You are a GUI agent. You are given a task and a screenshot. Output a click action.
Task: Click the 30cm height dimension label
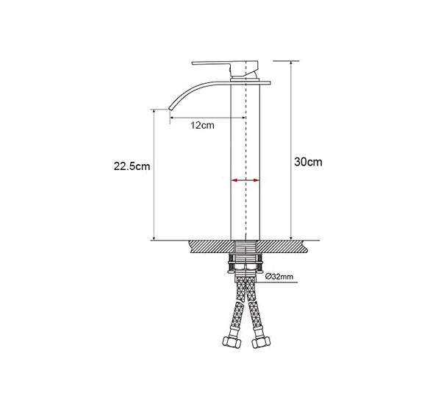(308, 162)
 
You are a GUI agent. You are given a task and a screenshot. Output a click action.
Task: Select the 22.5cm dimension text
(132, 166)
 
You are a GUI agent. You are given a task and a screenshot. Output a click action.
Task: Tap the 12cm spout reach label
(203, 125)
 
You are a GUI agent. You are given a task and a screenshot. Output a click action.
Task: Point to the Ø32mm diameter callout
(279, 277)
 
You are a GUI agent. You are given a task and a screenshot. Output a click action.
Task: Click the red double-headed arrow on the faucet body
(245, 180)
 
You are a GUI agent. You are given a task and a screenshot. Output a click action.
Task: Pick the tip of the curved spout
(170, 109)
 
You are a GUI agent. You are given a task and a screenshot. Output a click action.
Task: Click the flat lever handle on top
(225, 68)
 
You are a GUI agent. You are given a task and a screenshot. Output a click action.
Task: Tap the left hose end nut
(232, 342)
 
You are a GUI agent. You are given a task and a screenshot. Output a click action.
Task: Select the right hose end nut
(261, 342)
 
